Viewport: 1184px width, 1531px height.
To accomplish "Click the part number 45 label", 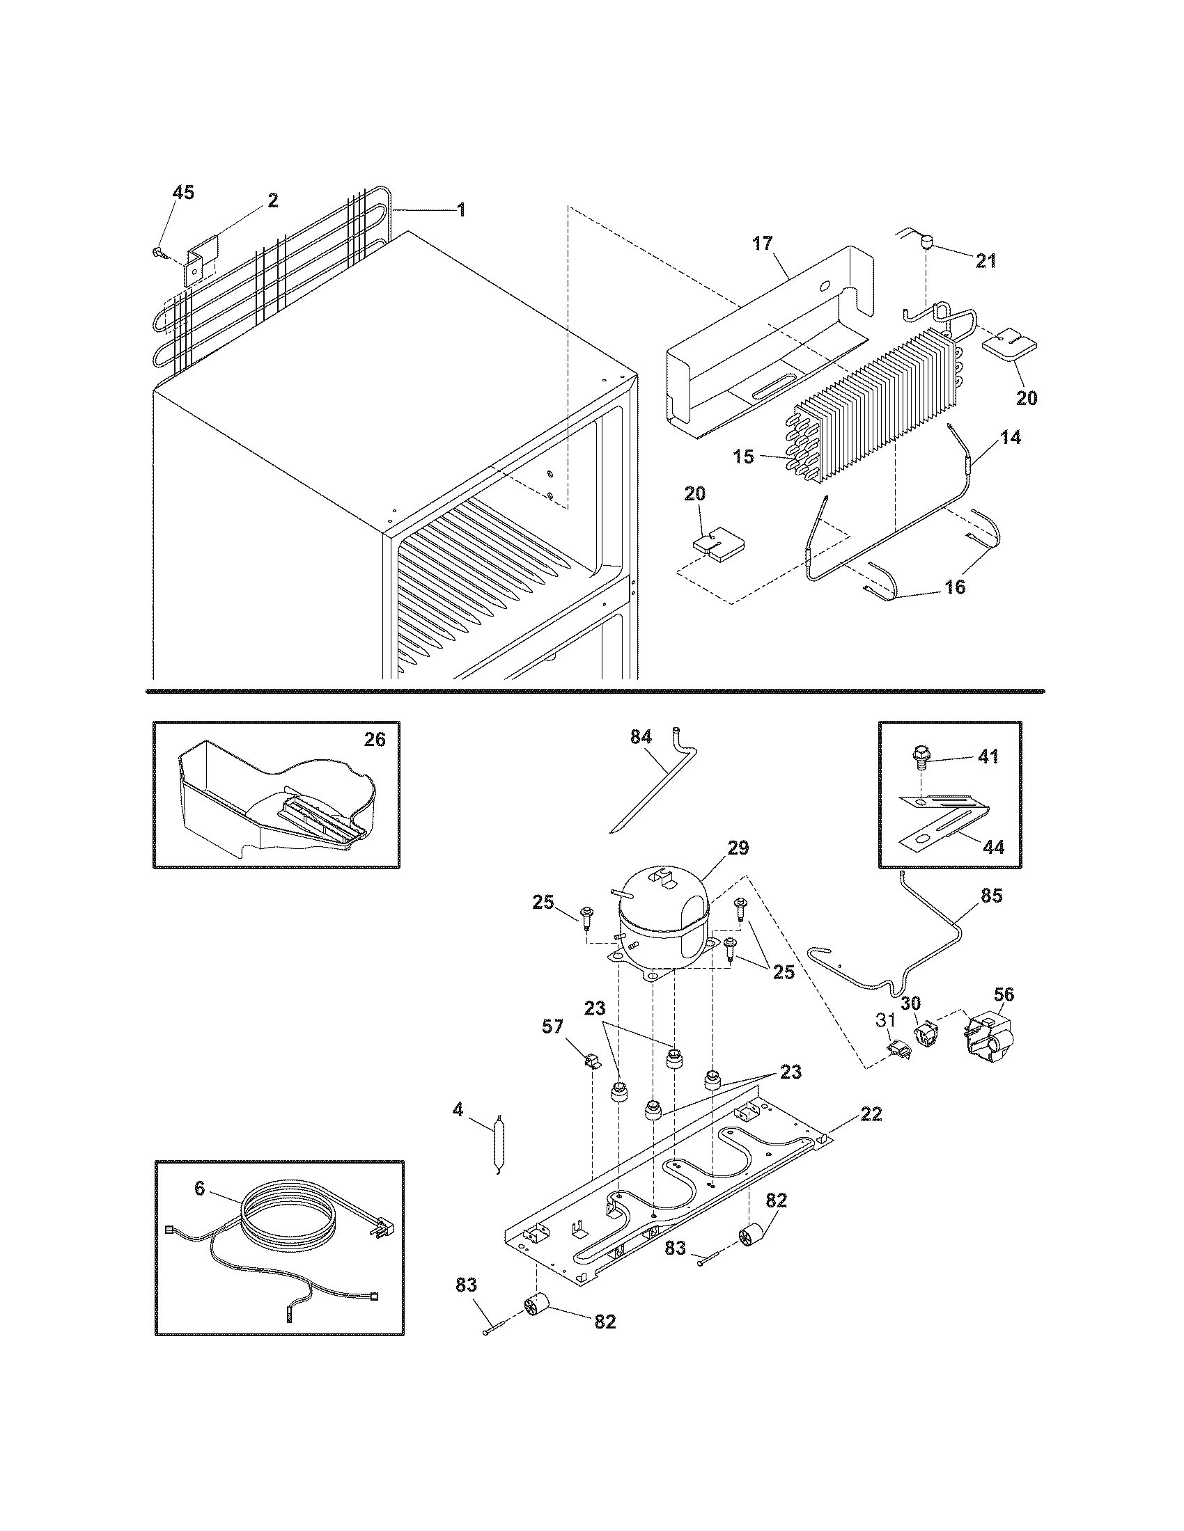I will click(x=183, y=193).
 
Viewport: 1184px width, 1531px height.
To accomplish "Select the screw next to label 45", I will click(x=158, y=251).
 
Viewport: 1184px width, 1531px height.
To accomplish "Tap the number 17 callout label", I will click(x=763, y=244).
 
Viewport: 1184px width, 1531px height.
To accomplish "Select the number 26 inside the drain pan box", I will click(x=375, y=739).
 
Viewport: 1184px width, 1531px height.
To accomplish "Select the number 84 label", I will click(x=640, y=737).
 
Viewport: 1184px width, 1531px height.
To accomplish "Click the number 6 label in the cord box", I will click(x=200, y=1188).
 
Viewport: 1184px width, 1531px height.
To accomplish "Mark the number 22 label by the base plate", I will click(x=871, y=1114).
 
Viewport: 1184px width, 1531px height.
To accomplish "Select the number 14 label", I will click(x=1010, y=438).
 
